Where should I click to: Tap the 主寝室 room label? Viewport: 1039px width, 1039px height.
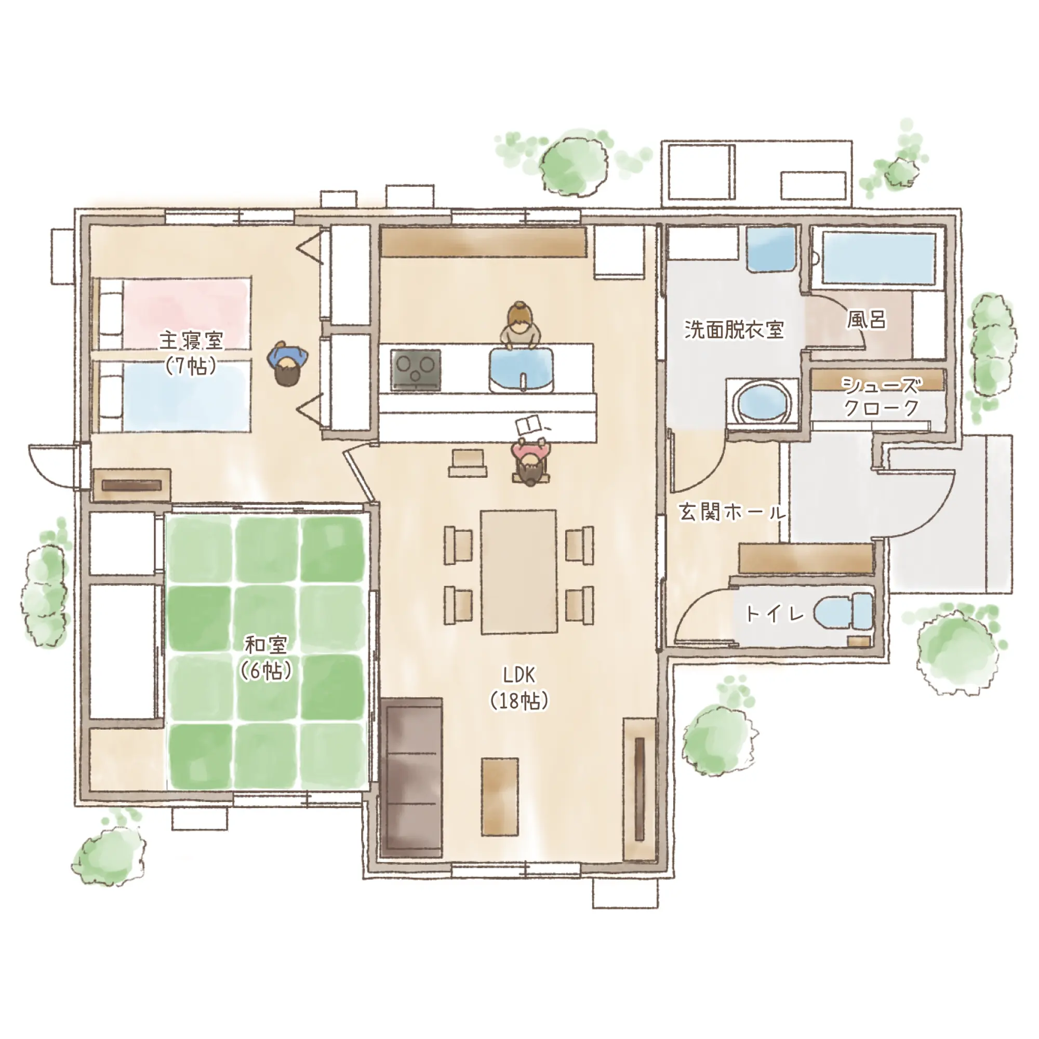(192, 340)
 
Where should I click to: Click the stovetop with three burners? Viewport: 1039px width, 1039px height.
(416, 369)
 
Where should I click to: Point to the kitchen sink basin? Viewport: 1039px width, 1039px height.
(522, 369)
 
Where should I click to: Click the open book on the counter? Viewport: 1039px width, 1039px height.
(530, 426)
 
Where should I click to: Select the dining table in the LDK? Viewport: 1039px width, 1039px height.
(519, 571)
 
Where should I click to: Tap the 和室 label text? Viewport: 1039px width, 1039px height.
(266, 643)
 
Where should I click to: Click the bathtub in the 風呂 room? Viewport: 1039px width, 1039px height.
(877, 259)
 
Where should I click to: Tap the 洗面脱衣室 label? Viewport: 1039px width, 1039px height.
(734, 329)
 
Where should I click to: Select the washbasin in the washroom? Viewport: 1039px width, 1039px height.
(771, 248)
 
